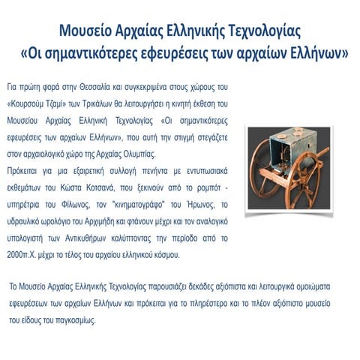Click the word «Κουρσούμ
coord(36,103)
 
